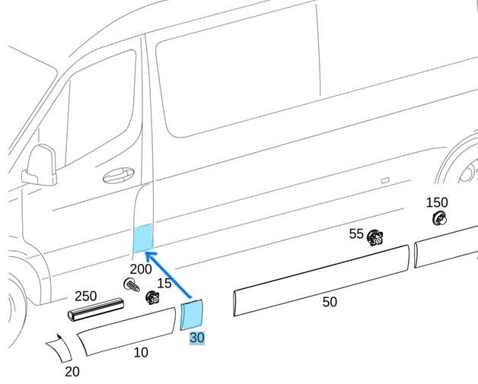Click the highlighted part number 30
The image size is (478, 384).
[196, 338]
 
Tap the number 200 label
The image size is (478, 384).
[141, 268]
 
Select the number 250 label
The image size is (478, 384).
[85, 296]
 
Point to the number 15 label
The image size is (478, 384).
[164, 284]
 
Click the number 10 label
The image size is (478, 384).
[141, 352]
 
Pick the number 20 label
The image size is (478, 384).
[72, 371]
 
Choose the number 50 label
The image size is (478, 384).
[329, 302]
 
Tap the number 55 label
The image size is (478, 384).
[356, 233]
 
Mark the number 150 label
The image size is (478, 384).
[436, 202]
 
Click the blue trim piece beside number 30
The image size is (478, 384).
[192, 314]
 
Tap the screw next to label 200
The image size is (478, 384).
[131, 286]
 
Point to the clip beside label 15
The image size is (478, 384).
[151, 297]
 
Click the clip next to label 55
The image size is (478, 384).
[374, 237]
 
